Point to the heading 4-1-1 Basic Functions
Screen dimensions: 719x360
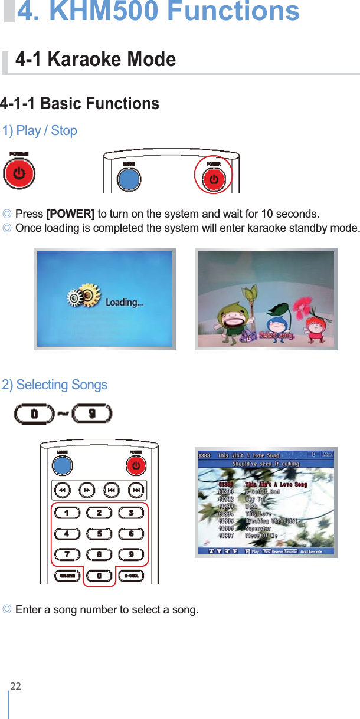pos(80,104)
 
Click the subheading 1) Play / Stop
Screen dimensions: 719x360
pos(40,130)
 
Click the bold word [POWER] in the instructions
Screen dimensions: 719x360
pos(70,214)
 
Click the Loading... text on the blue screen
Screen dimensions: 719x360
pos(124,303)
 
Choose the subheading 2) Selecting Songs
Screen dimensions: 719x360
pos(55,385)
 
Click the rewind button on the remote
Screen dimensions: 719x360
pos(62,490)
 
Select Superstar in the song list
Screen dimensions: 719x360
pos(258,528)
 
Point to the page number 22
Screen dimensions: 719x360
pos(15,686)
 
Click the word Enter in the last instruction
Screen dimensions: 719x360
pos(28,609)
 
